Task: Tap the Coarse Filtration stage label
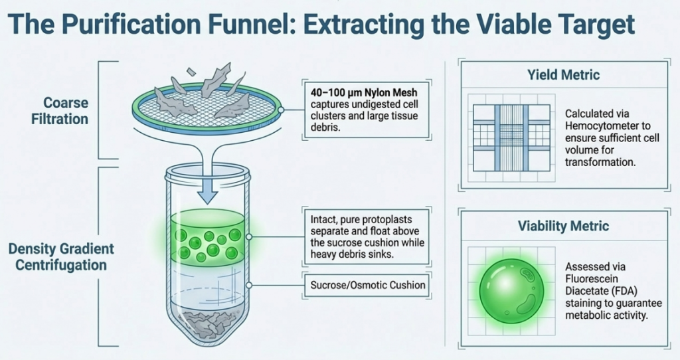tap(66, 111)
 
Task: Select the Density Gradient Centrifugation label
tap(61, 257)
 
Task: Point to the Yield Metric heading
tap(563, 75)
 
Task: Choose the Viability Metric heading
tap(563, 226)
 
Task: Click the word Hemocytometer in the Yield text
tap(600, 127)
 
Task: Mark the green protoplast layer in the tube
tap(208, 239)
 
